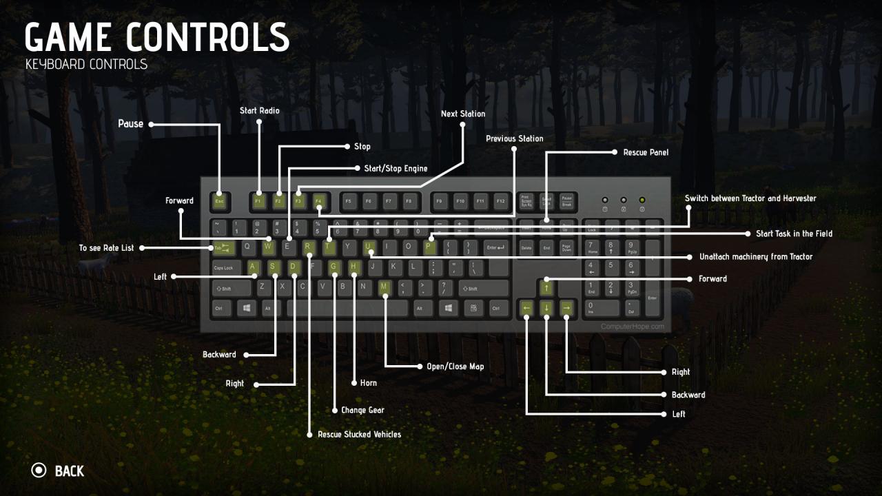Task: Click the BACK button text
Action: (x=69, y=471)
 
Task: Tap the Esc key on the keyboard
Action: (x=219, y=202)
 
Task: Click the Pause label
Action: (x=130, y=124)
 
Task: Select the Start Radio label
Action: (x=259, y=110)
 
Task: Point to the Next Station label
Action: (x=462, y=114)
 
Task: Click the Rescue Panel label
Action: (x=645, y=152)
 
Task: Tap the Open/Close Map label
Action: (x=455, y=366)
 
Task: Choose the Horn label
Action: (x=368, y=383)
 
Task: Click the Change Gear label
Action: (x=362, y=410)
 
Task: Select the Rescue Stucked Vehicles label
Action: (x=359, y=435)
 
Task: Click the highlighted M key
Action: (x=384, y=287)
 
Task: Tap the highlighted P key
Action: (x=429, y=246)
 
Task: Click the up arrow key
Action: (x=546, y=287)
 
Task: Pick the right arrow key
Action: (x=566, y=308)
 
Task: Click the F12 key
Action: (x=501, y=202)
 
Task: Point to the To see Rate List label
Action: (x=106, y=248)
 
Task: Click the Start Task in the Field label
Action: (x=794, y=234)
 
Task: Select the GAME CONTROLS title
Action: (x=157, y=37)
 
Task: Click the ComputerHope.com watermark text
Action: (x=633, y=327)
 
